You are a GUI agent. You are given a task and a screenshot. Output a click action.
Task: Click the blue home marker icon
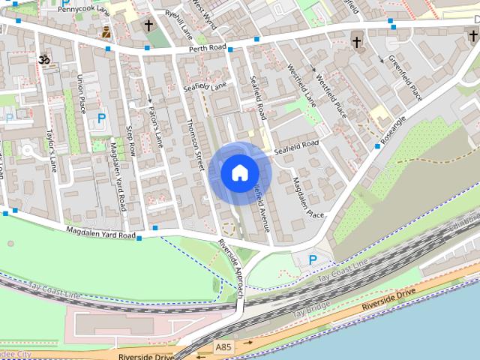coord(239,172)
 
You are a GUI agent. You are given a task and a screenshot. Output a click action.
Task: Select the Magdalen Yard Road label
coord(100,233)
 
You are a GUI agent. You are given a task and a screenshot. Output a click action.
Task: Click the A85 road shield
coord(223,347)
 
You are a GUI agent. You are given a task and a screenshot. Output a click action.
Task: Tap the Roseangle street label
coord(392,130)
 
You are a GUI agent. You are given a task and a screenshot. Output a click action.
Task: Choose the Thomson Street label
coord(195,143)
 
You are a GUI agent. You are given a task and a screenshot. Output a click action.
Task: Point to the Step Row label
coord(132,140)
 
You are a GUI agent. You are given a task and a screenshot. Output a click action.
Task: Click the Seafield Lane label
coord(205,88)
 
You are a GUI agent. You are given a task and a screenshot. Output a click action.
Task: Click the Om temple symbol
coord(43,59)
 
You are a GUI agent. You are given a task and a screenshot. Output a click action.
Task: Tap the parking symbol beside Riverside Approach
coord(313,259)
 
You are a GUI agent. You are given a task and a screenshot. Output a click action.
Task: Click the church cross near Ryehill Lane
coord(148,25)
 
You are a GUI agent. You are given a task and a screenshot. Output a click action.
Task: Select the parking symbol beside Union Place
coord(101,118)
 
